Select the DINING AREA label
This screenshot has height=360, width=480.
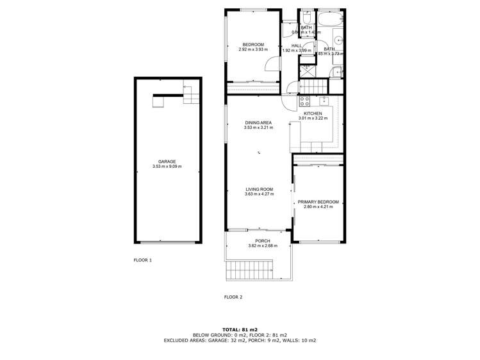(x=258, y=122)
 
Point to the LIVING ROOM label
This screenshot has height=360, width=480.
(x=259, y=189)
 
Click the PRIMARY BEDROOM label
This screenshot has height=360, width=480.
(x=318, y=202)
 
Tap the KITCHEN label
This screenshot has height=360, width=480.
(x=313, y=113)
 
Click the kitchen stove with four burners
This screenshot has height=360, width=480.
(x=304, y=101)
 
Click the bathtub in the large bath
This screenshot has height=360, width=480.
(x=331, y=19)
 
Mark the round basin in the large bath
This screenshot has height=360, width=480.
(x=339, y=40)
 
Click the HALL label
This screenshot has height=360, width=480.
(x=296, y=45)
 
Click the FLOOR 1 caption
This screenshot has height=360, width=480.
(x=142, y=261)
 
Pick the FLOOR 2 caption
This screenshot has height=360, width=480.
(x=233, y=297)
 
